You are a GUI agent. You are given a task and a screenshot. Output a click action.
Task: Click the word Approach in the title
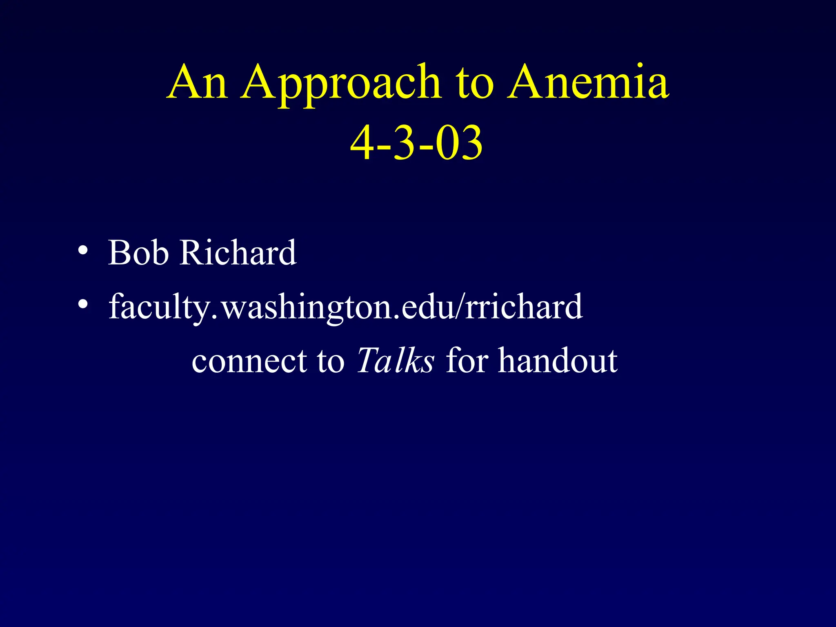click(341, 84)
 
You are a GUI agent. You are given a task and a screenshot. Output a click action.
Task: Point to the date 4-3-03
click(416, 143)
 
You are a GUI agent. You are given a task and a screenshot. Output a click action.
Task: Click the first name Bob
click(138, 253)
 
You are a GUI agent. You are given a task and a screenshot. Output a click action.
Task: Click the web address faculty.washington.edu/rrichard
click(345, 307)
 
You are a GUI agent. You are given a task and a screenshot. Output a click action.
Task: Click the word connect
click(249, 361)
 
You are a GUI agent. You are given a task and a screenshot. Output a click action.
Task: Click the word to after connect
click(330, 361)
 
